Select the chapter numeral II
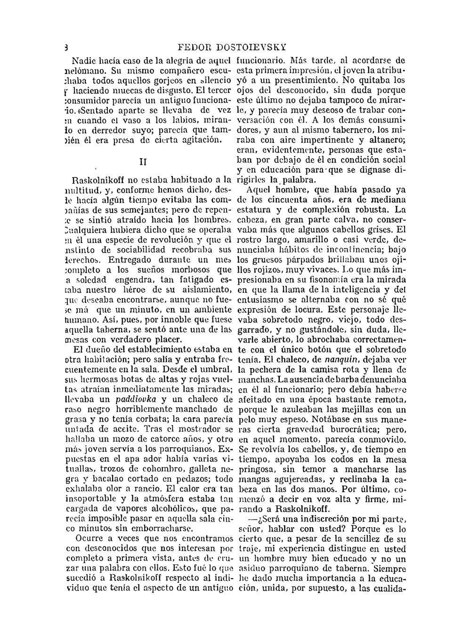[x=144, y=161]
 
